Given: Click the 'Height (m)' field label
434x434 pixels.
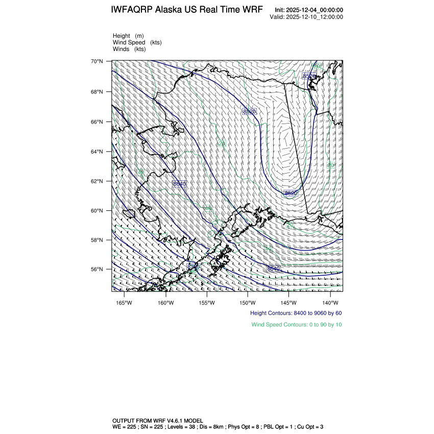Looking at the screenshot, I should [128, 36].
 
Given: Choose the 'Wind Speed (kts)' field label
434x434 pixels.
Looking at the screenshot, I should [137, 42].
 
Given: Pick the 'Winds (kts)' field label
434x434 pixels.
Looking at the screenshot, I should [129, 49].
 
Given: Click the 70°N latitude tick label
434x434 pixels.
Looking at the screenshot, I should [97, 61].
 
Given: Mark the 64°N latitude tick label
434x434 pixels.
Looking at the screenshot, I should [97, 152].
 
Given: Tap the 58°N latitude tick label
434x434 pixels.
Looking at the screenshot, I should [97, 240].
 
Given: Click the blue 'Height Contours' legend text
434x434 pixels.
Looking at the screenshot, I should [296, 313].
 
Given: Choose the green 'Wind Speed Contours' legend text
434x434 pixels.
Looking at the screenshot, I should [297, 324].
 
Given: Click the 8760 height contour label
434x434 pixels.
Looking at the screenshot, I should [194, 267].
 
